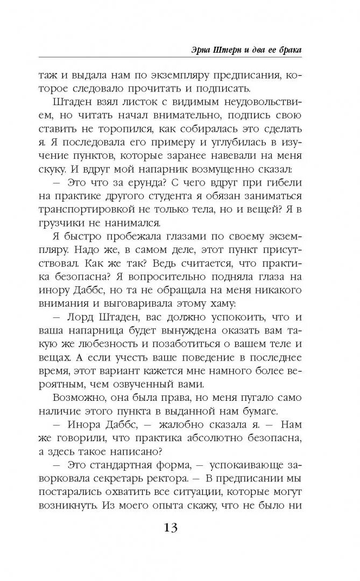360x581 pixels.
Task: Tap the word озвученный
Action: pos(162,385)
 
